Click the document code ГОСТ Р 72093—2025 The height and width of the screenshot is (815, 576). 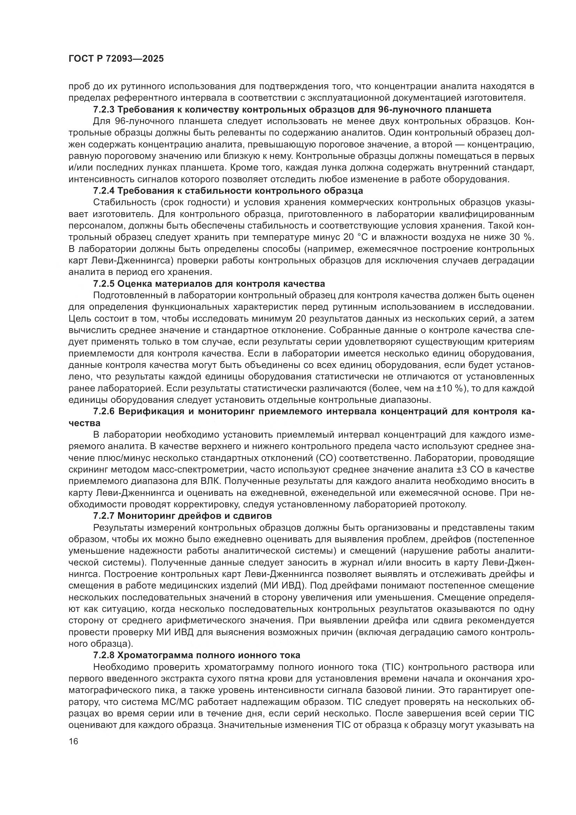click(x=116, y=59)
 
